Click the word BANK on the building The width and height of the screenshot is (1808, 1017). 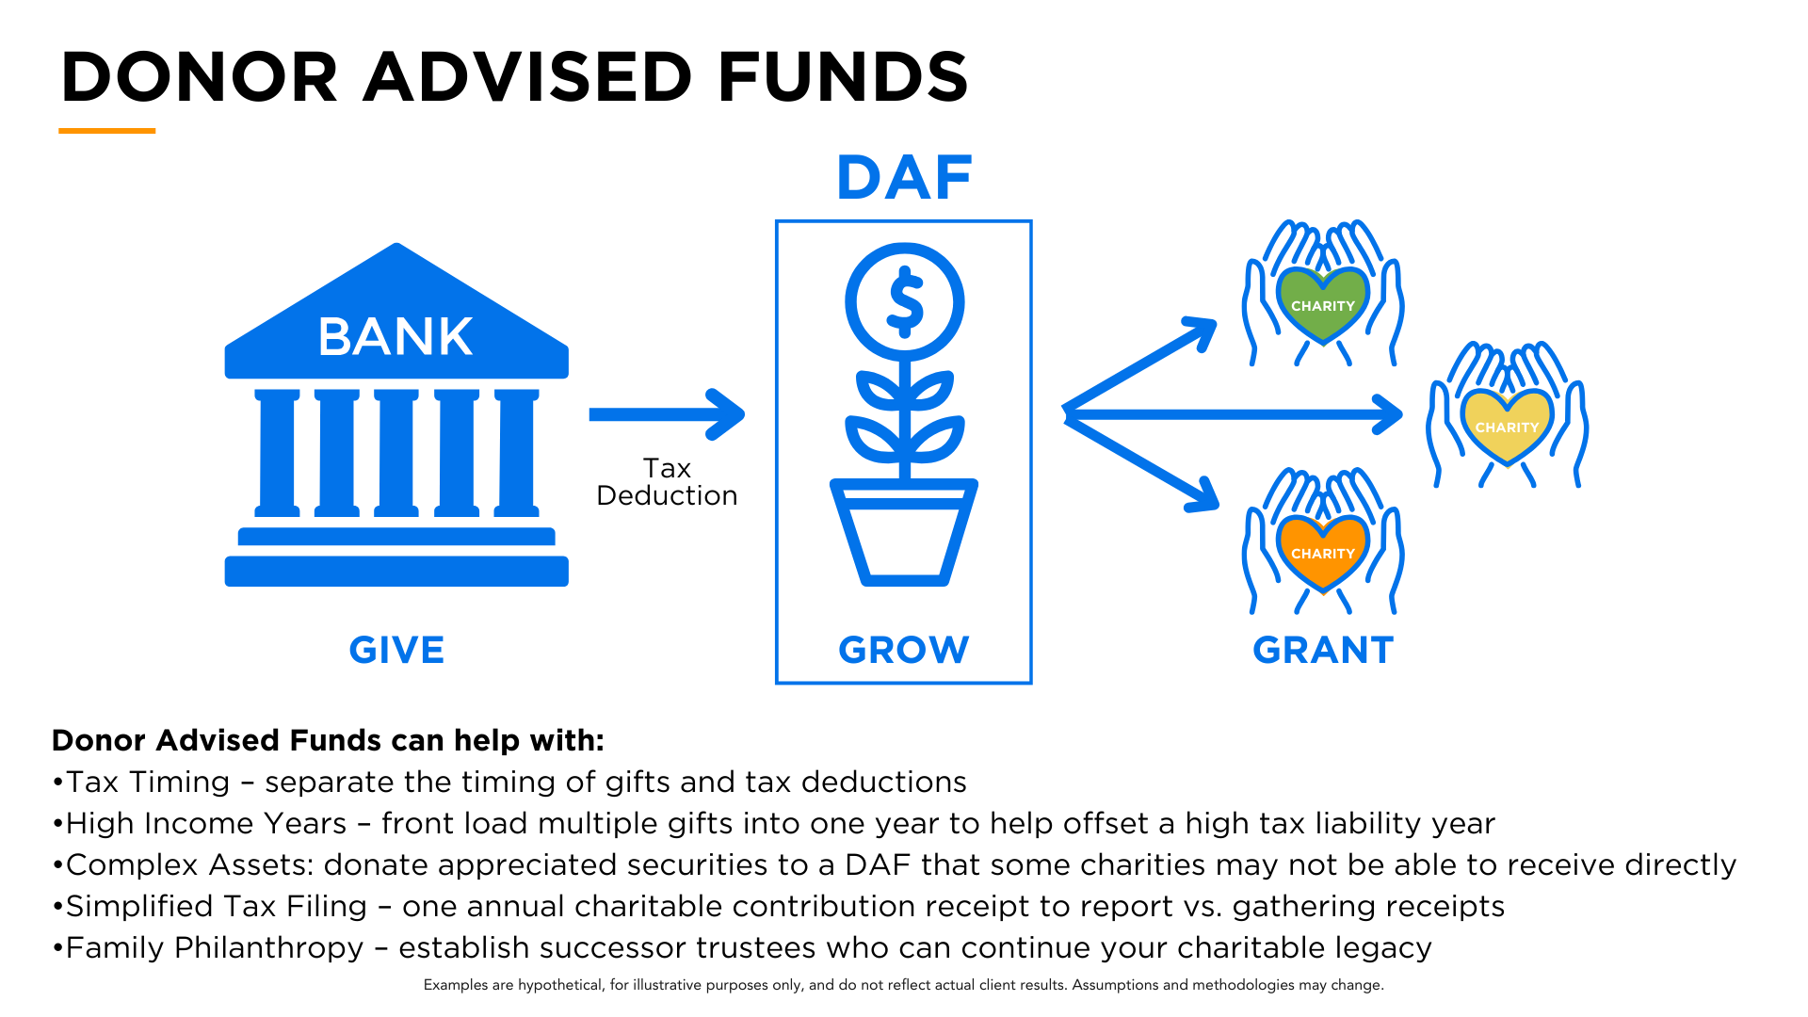tap(395, 337)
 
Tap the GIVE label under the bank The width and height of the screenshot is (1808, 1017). tap(396, 650)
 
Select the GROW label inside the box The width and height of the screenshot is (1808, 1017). tap(903, 650)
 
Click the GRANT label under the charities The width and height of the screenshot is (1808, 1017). tap(1323, 650)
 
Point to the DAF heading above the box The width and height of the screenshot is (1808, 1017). tap(904, 178)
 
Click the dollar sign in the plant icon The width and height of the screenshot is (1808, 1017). tap(905, 302)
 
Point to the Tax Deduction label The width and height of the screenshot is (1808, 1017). tap(667, 482)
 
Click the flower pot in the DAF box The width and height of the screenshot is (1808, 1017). tap(903, 532)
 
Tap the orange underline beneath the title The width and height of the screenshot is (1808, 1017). tap(106, 131)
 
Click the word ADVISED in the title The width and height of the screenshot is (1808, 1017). tap(528, 77)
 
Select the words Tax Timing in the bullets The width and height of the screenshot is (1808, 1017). tap(148, 783)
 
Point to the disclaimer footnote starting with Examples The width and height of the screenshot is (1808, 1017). tap(903, 985)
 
